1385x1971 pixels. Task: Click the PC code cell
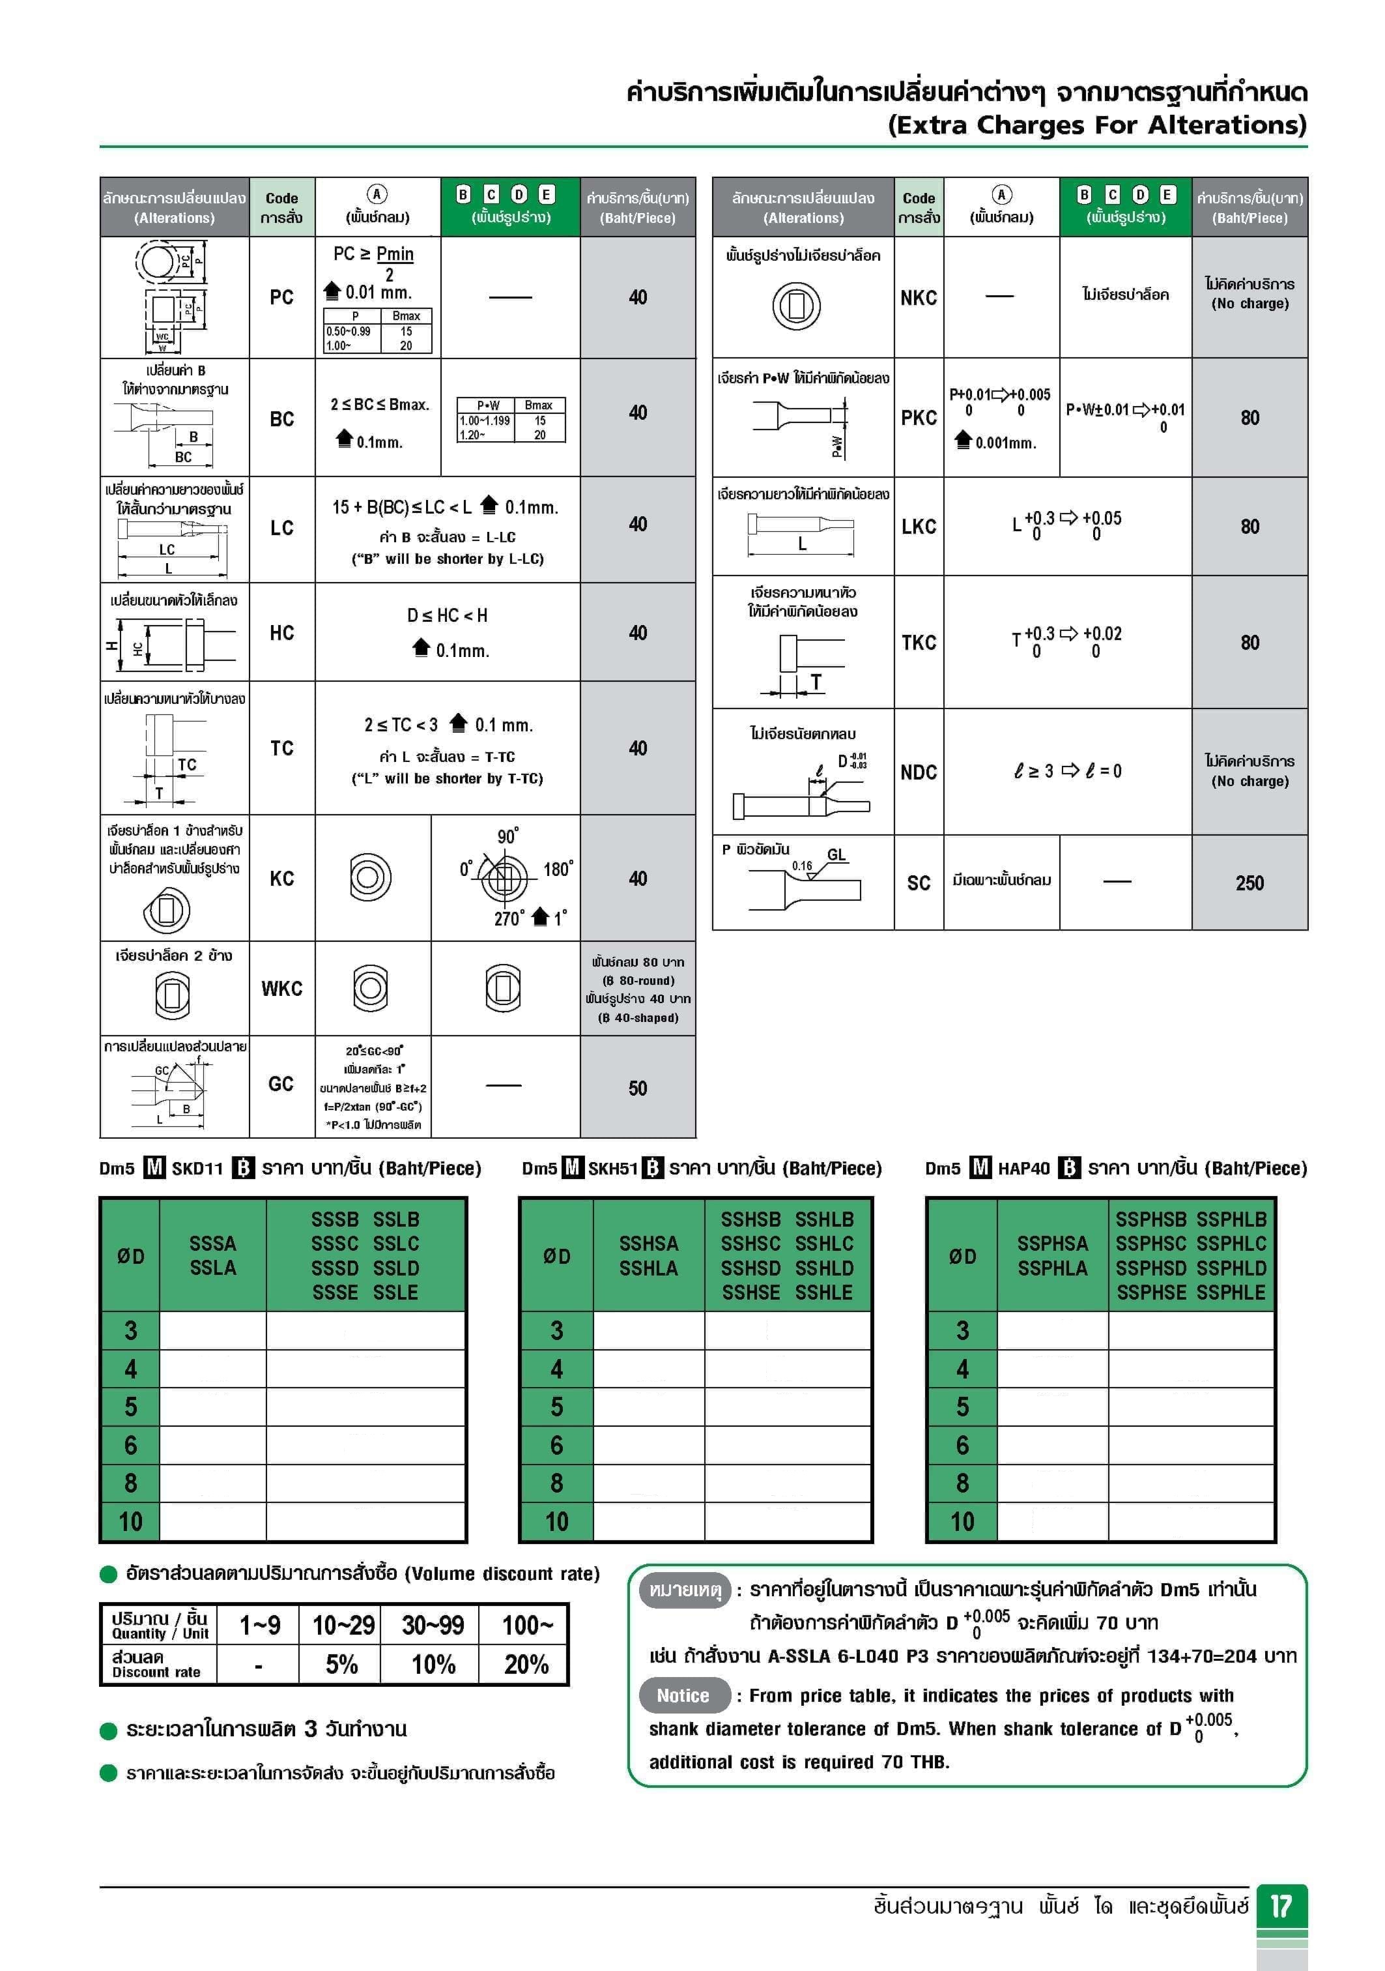click(281, 297)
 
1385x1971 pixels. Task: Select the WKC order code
click(281, 988)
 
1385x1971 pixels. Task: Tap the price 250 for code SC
click(1249, 883)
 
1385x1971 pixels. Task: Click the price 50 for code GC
click(638, 1088)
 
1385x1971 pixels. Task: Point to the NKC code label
click(918, 297)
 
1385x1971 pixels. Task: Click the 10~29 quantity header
click(343, 1624)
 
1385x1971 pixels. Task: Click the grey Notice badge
click(683, 1695)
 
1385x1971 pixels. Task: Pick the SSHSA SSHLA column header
click(649, 1255)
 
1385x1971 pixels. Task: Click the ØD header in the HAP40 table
click(962, 1256)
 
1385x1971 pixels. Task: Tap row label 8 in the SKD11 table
click(130, 1483)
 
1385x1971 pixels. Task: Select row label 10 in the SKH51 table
click(557, 1521)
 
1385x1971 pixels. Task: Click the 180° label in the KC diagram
click(558, 869)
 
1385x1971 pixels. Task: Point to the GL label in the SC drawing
click(836, 854)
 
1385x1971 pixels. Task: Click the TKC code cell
click(918, 642)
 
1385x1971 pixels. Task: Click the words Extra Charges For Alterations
click(1096, 125)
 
